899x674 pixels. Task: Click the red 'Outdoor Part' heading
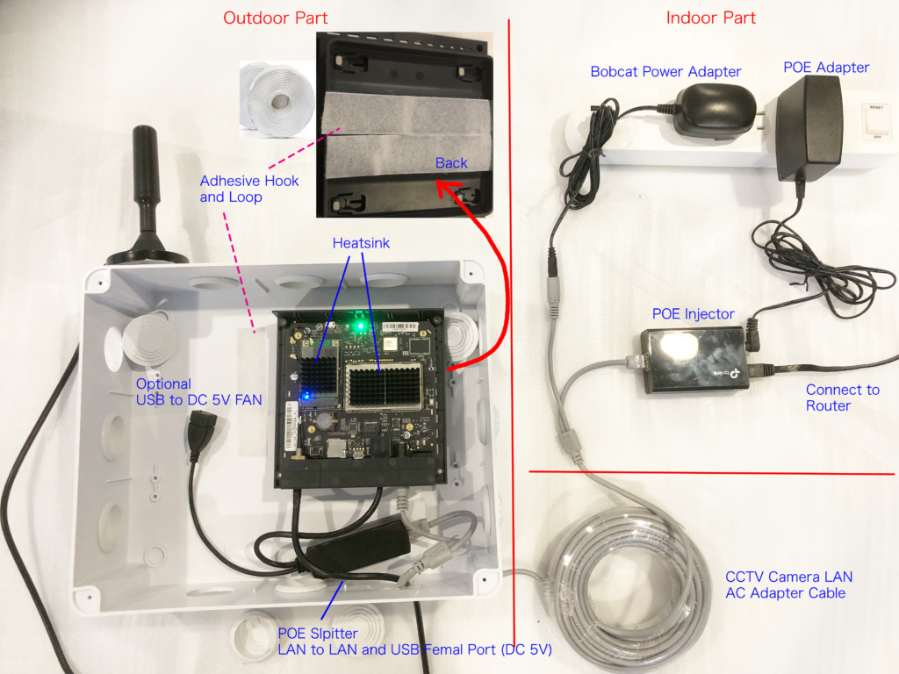pyautogui.click(x=275, y=18)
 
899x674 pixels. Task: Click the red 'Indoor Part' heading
pyautogui.click(x=710, y=18)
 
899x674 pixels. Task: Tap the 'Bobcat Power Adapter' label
pyautogui.click(x=665, y=72)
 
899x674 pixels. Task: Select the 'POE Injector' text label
pyautogui.click(x=694, y=313)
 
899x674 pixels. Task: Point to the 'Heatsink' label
pyautogui.click(x=361, y=243)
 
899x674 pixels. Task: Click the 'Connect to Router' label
pyautogui.click(x=842, y=398)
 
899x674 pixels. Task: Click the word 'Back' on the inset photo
pyautogui.click(x=451, y=163)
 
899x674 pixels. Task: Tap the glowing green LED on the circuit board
pyautogui.click(x=361, y=326)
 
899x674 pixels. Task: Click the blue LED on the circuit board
pyautogui.click(x=306, y=396)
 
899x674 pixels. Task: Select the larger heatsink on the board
pyautogui.click(x=384, y=387)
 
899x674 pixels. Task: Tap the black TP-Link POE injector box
pyautogui.click(x=694, y=361)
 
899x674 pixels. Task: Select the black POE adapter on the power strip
pyautogui.click(x=809, y=128)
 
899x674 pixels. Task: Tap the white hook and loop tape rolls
pyautogui.click(x=277, y=99)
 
